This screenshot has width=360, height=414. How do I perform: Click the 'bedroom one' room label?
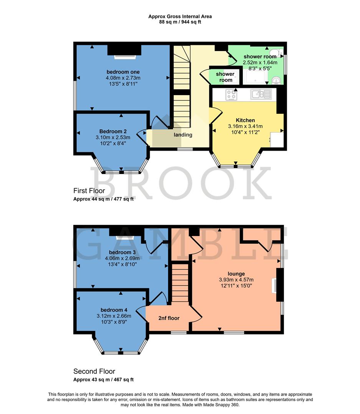123,72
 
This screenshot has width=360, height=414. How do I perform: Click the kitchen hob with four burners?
231,94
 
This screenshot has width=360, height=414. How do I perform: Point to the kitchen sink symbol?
261,94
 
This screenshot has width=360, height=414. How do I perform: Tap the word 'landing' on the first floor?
183,135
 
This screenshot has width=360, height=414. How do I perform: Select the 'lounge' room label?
236,274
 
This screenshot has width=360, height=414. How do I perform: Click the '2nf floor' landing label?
169,318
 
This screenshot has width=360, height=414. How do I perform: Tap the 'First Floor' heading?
89,191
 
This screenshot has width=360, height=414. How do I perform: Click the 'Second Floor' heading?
94,371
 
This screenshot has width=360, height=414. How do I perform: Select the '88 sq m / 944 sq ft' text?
180,22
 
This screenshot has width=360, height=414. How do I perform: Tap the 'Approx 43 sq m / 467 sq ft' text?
103,379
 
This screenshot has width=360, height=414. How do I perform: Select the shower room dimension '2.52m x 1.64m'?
260,62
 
